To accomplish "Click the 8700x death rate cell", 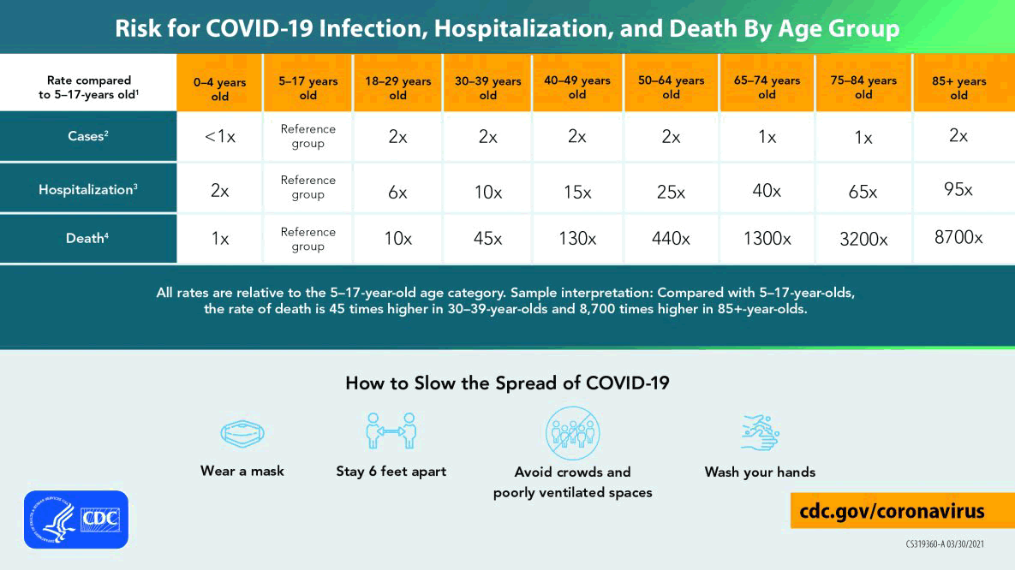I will [x=958, y=238].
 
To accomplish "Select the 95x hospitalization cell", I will [x=958, y=189].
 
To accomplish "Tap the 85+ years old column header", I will [x=958, y=88].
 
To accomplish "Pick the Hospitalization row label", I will [x=88, y=189].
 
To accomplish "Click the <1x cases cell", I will [x=220, y=137].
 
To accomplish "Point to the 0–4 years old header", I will [x=220, y=89].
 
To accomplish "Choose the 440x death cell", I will [x=671, y=239].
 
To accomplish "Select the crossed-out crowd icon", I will [x=573, y=433].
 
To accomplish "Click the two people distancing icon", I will [x=391, y=431].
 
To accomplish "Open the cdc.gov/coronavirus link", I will [x=892, y=511].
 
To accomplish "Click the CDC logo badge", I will [x=76, y=520].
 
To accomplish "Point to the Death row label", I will [x=88, y=239].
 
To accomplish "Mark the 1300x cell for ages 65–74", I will [x=767, y=239].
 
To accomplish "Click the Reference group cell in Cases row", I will [x=307, y=136].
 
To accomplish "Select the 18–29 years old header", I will [x=397, y=88].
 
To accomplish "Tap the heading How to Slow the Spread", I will [x=507, y=383].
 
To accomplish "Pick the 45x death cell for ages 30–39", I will [x=487, y=239].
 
